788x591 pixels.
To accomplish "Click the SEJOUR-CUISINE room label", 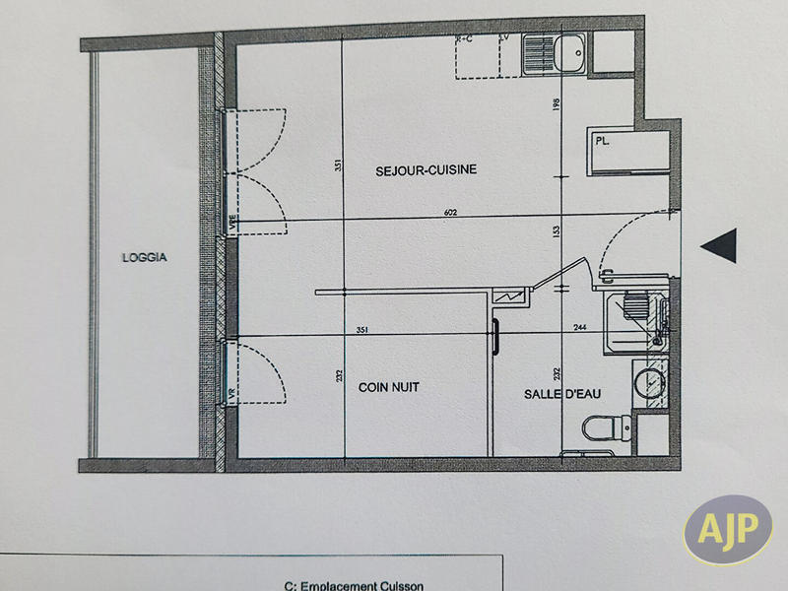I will click(426, 170).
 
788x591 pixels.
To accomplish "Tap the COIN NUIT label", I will click(388, 388).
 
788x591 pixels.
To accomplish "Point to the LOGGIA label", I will click(145, 258).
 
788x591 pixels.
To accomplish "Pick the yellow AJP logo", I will click(728, 531).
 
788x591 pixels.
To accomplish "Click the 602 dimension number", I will click(451, 213).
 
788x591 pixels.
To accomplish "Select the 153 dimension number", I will click(557, 232).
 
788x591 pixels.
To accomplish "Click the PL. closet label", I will click(603, 142).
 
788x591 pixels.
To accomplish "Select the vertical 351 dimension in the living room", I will click(338, 166).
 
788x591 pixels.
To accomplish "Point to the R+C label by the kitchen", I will click(464, 39).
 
